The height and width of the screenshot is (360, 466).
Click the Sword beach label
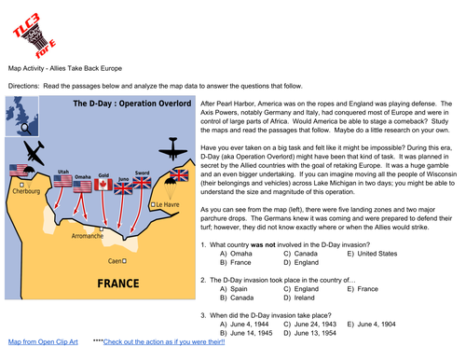[143, 173]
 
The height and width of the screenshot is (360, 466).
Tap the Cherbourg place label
[25, 190]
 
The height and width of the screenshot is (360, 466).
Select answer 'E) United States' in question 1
[372, 253]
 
